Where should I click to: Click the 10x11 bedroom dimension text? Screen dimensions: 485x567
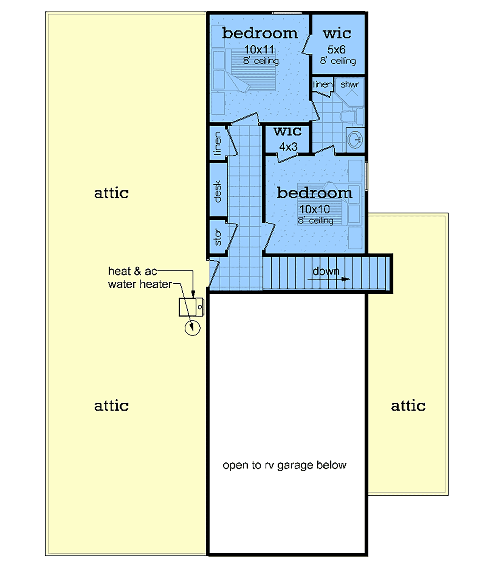(259, 50)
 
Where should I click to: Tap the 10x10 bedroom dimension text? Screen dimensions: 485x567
(314, 209)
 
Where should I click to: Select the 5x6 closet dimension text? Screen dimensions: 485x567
(336, 50)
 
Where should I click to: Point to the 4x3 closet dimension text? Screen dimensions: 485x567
(288, 147)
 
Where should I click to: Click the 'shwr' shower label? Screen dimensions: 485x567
(349, 84)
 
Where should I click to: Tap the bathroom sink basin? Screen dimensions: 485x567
(355, 140)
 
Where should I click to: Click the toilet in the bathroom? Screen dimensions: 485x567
(352, 116)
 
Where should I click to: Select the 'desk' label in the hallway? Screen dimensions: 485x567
(217, 191)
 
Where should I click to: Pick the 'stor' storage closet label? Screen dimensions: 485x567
(217, 237)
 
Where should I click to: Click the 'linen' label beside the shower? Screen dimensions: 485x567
(323, 84)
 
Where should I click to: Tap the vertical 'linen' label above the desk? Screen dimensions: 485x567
(217, 143)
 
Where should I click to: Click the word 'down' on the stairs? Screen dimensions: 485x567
(326, 271)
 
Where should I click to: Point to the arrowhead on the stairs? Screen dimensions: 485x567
(346, 279)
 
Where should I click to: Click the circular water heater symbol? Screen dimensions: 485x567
(192, 328)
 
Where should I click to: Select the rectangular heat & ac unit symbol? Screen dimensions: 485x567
(191, 307)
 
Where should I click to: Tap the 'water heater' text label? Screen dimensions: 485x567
(140, 285)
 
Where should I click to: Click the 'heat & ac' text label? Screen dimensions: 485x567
(133, 271)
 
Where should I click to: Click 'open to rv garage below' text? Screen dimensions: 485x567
(285, 465)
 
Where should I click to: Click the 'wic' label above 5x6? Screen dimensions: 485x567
(337, 34)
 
